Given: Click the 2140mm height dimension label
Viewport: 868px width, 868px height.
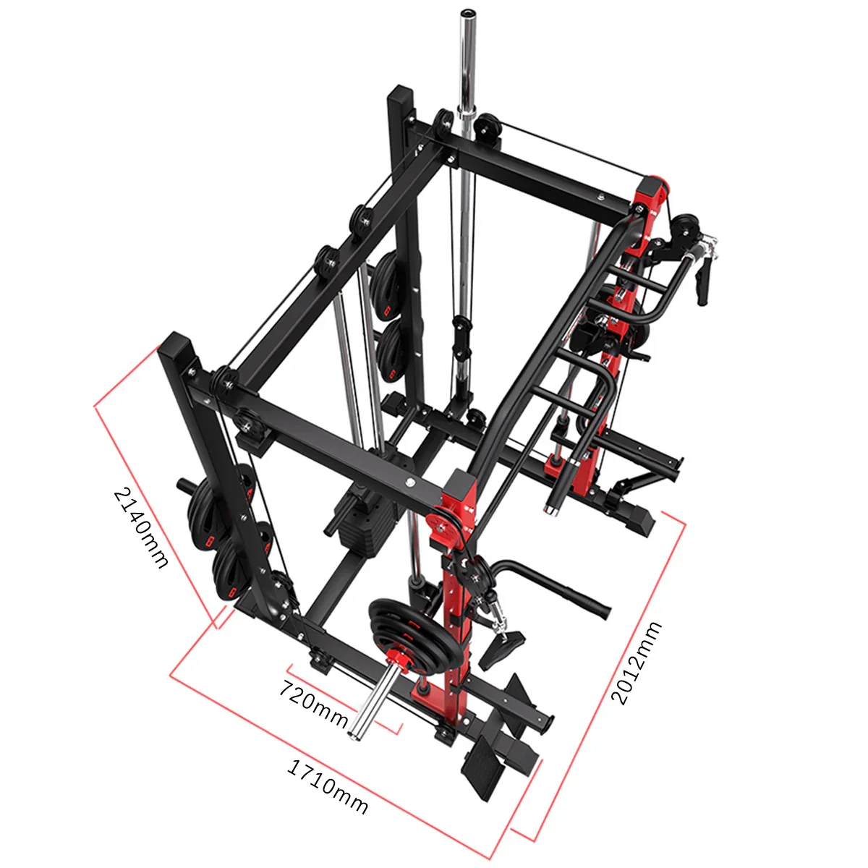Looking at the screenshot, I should point(141,528).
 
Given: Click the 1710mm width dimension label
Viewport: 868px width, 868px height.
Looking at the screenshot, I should point(327,785).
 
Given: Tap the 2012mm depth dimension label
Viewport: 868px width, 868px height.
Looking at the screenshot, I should point(637,662).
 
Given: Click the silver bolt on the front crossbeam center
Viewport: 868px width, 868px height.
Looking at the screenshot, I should point(410,482).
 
